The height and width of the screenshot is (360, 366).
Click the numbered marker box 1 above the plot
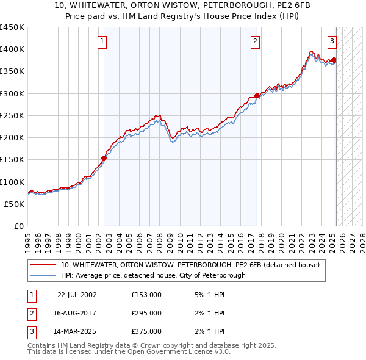[101, 41]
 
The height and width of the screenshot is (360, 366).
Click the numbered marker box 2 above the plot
[254, 41]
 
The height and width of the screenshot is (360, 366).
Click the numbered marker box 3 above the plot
[332, 41]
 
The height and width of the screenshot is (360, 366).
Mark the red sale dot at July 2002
[104, 158]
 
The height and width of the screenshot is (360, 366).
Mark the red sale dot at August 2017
[257, 95]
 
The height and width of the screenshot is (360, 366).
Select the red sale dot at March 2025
[334, 60]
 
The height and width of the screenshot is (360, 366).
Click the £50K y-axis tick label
[15, 204]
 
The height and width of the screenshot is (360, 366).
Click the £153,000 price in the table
[146, 295]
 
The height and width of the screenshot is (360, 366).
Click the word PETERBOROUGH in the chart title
[237, 7]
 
